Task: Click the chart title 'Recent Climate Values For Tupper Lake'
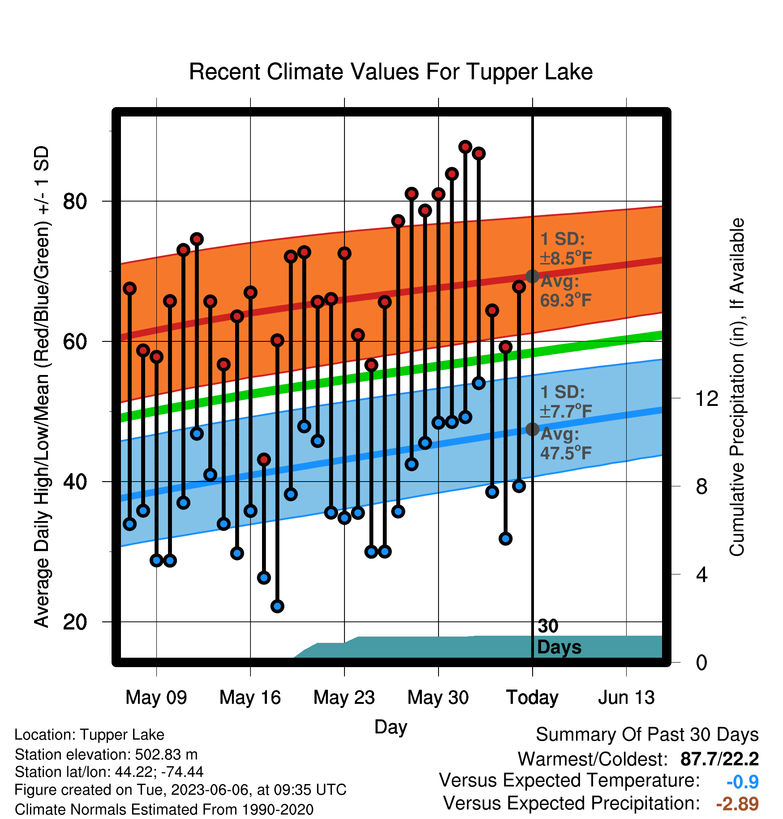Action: point(391,72)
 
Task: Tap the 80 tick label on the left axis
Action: point(75,202)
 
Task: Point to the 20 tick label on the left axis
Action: point(75,622)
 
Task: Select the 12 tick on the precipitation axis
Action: point(706,398)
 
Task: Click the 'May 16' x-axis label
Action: point(250,697)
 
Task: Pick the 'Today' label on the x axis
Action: point(532,697)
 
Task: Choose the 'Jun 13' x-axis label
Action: point(626,697)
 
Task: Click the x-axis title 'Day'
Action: point(391,727)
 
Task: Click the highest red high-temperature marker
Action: point(465,147)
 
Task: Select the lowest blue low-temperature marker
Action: point(277,606)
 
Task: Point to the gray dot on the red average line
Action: point(532,276)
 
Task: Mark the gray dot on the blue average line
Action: point(532,429)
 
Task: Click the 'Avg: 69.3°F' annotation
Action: point(566,291)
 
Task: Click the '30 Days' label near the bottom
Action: point(559,637)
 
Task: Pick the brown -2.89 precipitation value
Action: point(737,804)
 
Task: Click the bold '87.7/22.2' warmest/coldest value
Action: point(719,759)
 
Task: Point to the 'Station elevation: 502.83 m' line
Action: point(106,754)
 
